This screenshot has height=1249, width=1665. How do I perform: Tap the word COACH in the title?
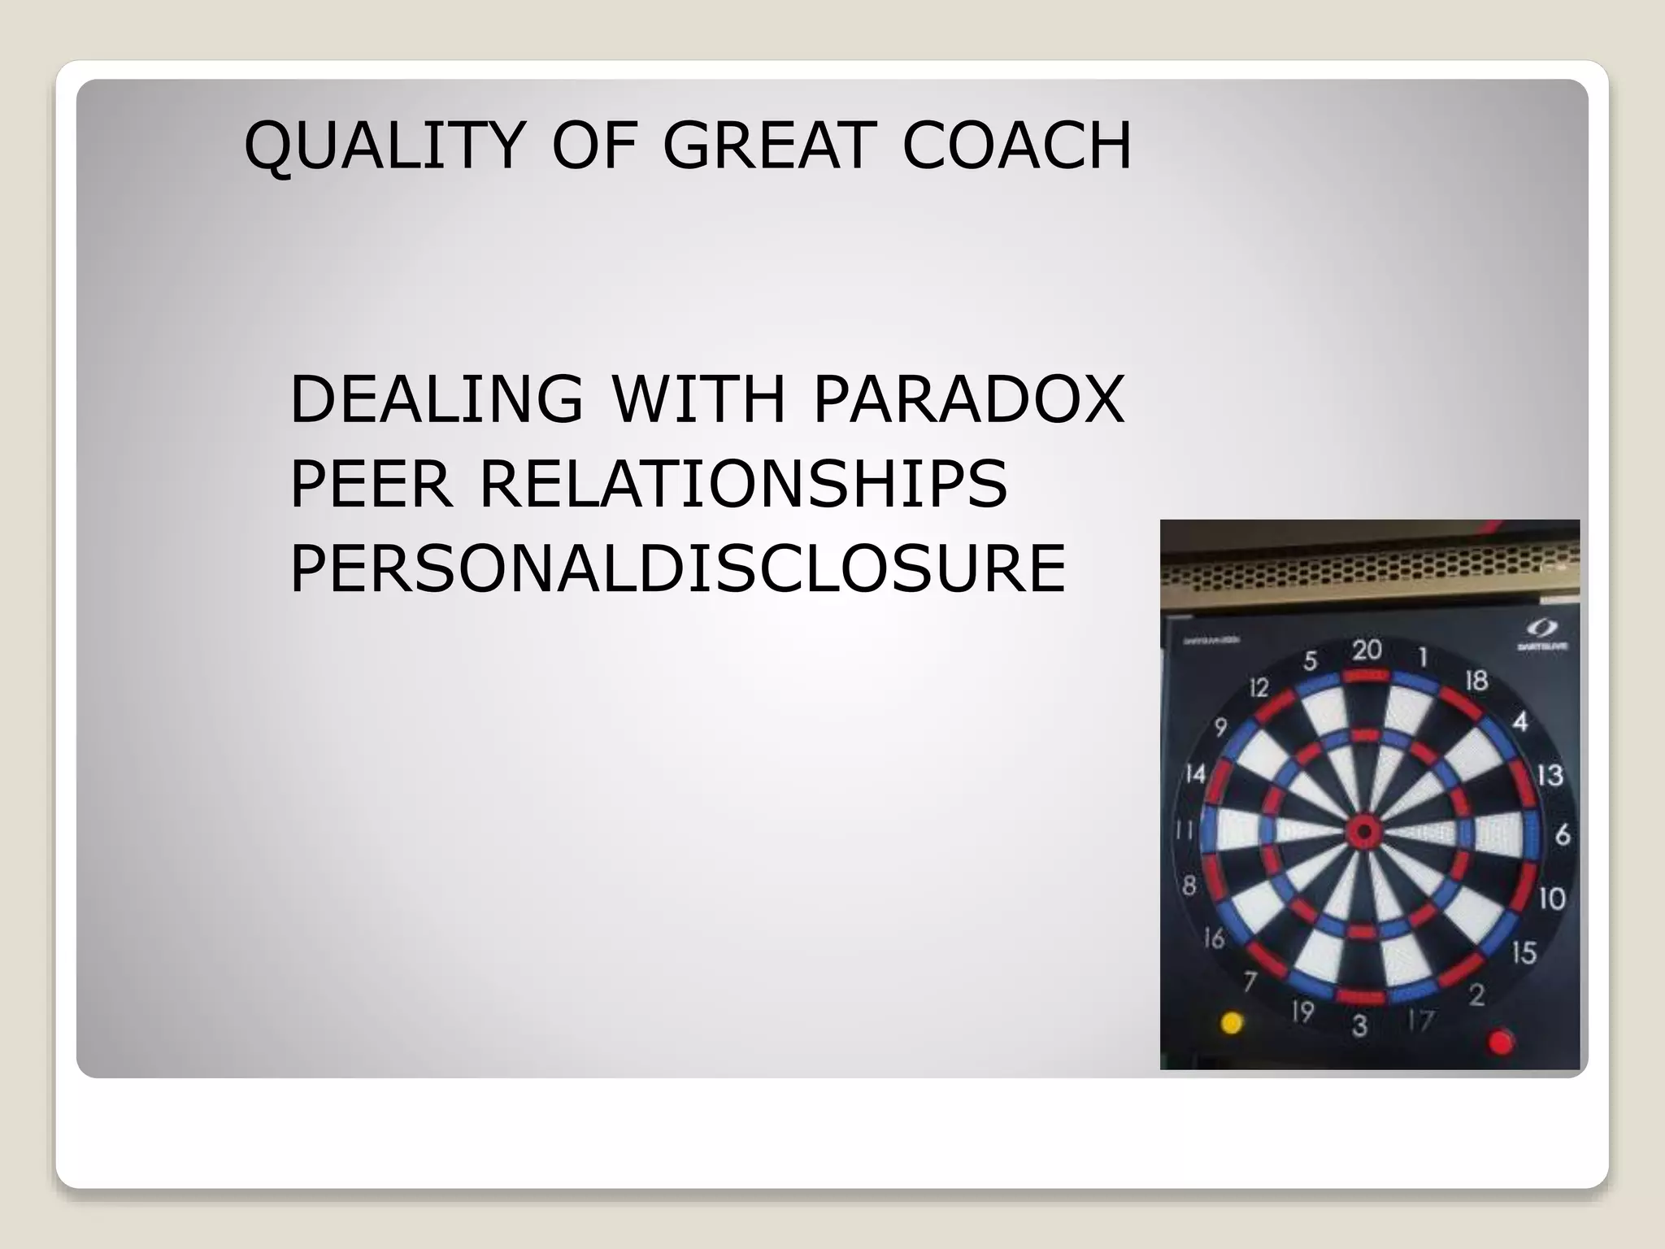coord(1017,146)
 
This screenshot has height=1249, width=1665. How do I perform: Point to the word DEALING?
coord(437,399)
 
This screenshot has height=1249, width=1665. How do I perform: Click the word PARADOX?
coord(968,399)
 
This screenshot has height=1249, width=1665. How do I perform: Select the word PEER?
coord(370,484)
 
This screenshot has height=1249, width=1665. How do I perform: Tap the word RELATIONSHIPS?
coord(743,484)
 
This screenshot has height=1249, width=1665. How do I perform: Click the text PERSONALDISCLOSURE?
coord(677,568)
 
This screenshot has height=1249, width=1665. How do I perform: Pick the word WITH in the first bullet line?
coord(698,399)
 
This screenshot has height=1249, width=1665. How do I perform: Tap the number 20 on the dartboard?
coord(1367,650)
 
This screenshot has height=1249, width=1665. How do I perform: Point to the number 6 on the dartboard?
coord(1562,835)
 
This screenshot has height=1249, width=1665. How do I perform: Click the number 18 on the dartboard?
coord(1476,680)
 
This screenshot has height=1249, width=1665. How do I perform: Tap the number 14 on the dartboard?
coord(1195,772)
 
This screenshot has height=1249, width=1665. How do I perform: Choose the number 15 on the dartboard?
coord(1524,952)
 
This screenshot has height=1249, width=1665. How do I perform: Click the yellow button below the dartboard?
coord(1232,1022)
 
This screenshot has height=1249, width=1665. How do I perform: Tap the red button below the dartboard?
coord(1500,1041)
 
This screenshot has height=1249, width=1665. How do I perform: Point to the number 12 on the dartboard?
coord(1259,689)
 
